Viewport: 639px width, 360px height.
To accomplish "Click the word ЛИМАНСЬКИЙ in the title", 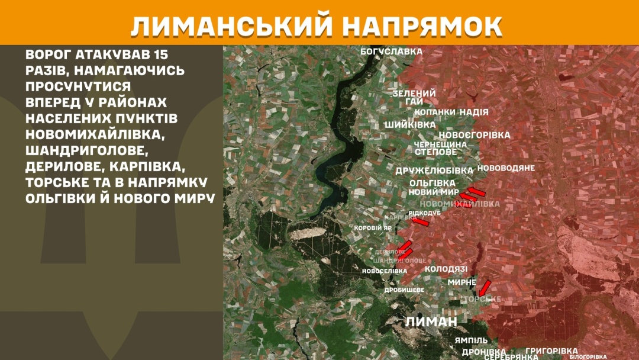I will click(227, 26).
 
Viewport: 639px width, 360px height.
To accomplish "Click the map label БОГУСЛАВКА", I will click(392, 52).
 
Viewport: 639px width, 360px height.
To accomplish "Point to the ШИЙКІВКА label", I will click(410, 125).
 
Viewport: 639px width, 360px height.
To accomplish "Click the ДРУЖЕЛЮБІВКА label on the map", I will click(435, 171).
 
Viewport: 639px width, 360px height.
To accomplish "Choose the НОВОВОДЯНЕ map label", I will click(506, 168).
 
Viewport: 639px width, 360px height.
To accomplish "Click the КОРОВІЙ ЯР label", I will click(373, 228).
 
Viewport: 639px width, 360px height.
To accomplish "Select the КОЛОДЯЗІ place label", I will click(446, 269).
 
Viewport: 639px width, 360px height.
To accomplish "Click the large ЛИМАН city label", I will click(432, 322).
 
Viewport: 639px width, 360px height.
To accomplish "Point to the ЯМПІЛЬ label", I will click(472, 340).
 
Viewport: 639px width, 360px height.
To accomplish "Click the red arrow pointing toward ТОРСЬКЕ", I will click(485, 288).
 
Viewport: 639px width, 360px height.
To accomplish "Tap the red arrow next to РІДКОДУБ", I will click(420, 221).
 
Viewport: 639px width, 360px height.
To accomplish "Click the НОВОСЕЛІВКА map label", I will click(385, 271).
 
